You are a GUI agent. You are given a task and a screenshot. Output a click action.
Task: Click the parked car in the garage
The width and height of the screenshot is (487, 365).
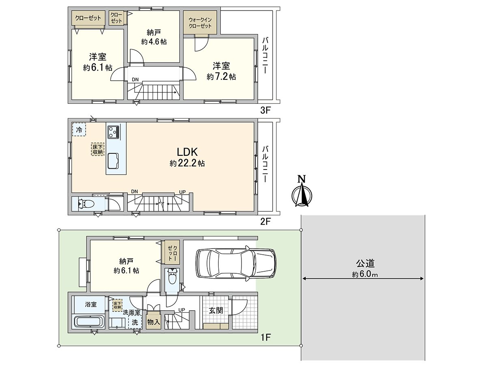pos(236,264)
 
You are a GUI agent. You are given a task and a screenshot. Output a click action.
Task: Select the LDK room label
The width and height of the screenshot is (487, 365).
pos(187,152)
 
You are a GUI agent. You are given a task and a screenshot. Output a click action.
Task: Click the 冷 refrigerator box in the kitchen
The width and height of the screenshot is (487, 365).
pos(79,130)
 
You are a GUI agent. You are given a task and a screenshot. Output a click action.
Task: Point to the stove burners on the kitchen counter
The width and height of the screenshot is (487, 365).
pos(113,132)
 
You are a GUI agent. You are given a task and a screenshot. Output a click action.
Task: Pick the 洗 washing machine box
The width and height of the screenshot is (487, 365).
pos(135,322)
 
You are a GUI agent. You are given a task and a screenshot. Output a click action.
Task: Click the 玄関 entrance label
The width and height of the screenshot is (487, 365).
pos(215,310)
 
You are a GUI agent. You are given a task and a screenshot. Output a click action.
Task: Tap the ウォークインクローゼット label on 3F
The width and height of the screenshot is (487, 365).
pos(200,23)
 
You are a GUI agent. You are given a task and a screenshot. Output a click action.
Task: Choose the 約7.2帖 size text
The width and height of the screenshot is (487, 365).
pos(221,77)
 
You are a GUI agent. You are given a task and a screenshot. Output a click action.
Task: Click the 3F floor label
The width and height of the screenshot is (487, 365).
pos(265,110)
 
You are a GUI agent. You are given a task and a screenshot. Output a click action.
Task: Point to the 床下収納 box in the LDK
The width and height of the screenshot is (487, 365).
pos(97,149)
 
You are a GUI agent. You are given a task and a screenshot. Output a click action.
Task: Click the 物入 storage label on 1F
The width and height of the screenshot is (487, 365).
pos(153,322)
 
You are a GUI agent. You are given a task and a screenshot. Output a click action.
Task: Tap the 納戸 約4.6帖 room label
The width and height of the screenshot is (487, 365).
pos(154,37)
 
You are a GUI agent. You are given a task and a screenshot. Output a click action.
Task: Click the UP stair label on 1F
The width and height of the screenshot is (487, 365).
pos(182,310)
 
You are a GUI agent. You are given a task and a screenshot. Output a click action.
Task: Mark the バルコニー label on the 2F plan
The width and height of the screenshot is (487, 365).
pos(265,164)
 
